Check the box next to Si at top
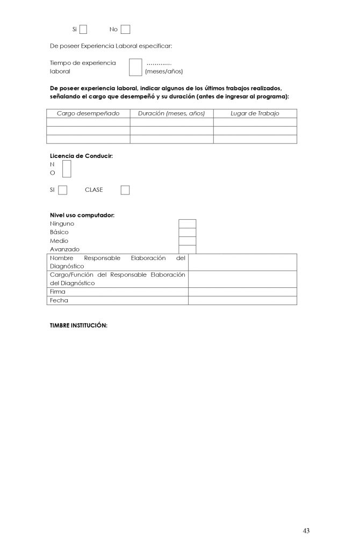tap(83, 29)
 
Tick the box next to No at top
tap(126, 29)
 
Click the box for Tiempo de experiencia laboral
tap(135, 67)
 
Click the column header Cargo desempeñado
tap(88, 113)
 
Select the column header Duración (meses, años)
tap(171, 113)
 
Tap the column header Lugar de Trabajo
tap(255, 113)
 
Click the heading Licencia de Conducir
tap(81, 155)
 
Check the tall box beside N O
tap(67, 168)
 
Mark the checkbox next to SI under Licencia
tap(63, 190)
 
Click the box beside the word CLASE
tap(125, 190)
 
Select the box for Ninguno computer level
tap(187, 223)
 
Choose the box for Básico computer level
tap(187, 232)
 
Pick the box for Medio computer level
tap(187, 241)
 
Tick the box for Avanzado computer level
tap(187, 249)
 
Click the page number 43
tap(306, 531)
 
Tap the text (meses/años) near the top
tap(164, 71)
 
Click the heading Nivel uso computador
tap(82, 215)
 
